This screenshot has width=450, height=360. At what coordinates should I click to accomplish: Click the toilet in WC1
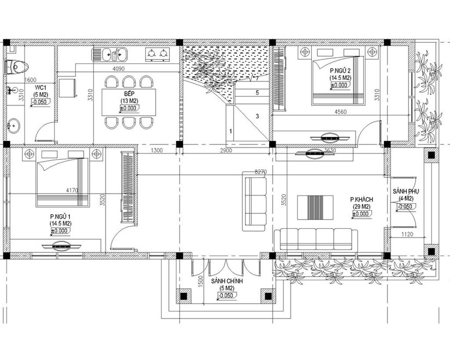[x=16, y=66]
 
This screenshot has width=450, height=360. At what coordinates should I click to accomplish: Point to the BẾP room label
[x=129, y=95]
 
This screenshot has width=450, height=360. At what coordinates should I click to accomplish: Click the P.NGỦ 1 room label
[x=61, y=217]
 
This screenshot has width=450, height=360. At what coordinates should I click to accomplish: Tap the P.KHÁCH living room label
[x=361, y=200]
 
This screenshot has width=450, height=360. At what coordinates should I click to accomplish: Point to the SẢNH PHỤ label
[x=405, y=191]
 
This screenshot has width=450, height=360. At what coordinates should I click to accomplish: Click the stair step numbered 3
[x=257, y=116]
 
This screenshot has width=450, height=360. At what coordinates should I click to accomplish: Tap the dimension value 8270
[x=261, y=172]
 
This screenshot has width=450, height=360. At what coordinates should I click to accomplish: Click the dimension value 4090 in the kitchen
[x=119, y=69]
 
